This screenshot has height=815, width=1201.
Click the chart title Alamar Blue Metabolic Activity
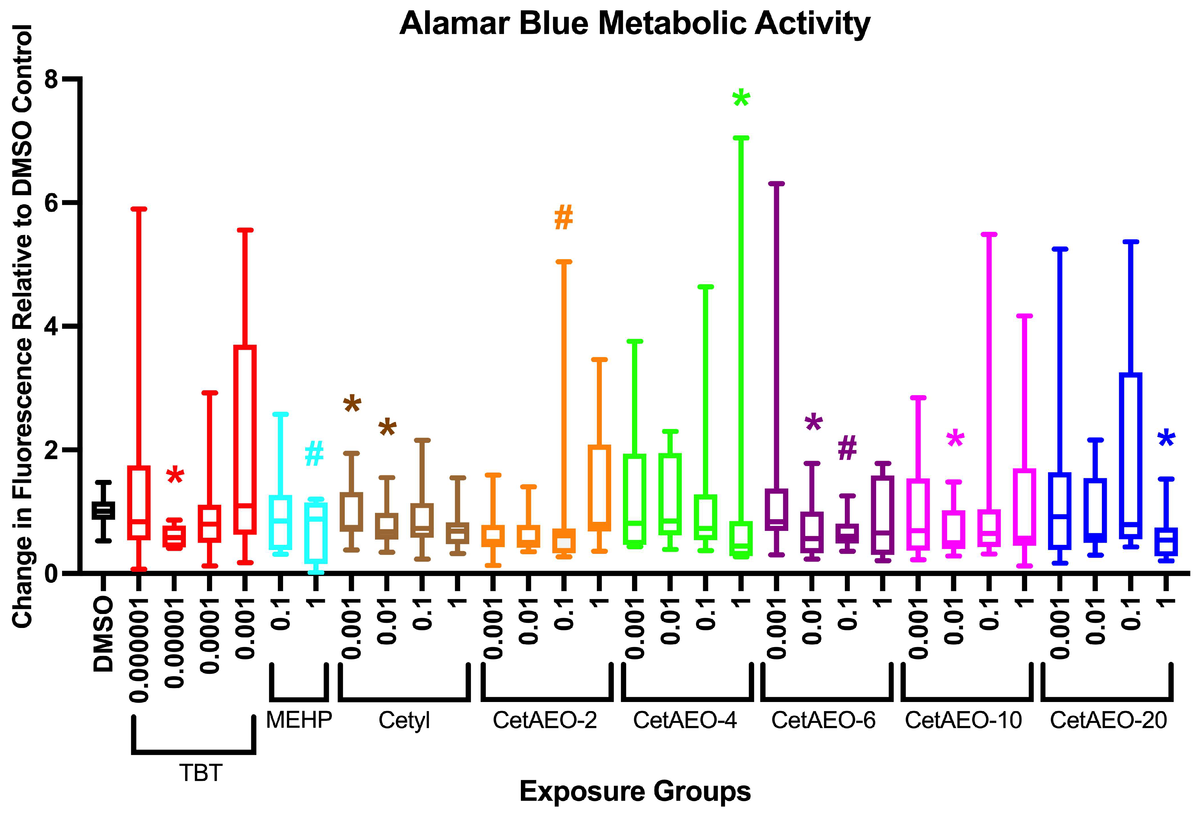(635, 24)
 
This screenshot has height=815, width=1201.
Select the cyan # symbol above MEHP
(314, 454)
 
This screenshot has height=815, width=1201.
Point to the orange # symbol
(563, 218)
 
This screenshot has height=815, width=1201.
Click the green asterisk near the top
(741, 98)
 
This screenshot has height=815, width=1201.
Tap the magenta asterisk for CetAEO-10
(955, 439)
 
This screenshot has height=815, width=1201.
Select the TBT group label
(200, 773)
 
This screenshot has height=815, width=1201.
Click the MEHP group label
(299, 720)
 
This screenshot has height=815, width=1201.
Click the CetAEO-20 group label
(1108, 720)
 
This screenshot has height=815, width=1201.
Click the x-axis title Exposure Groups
(635, 791)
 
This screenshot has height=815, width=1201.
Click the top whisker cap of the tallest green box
(741, 138)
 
